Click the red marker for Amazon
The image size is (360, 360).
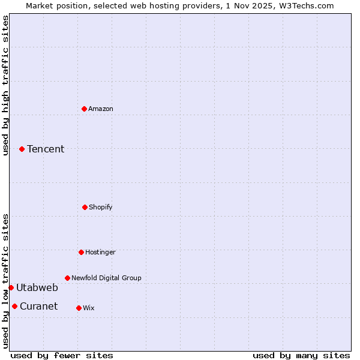tap(84, 109)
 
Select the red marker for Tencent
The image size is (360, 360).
tap(22, 149)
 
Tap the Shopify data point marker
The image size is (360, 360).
tap(85, 207)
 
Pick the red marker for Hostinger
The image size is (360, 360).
tap(81, 252)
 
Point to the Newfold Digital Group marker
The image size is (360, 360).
tap(67, 278)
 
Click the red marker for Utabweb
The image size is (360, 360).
tap(11, 287)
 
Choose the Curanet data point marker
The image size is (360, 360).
tap(14, 306)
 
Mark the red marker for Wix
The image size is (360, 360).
tap(79, 308)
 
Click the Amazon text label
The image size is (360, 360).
tap(101, 109)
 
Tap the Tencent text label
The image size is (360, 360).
tap(46, 149)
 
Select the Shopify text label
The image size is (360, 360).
tap(101, 207)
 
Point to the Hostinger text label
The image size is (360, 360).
tap(100, 252)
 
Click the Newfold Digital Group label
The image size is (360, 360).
tap(106, 278)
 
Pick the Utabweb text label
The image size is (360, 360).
tap(37, 287)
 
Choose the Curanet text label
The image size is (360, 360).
tap(38, 306)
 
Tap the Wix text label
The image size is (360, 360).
tap(89, 308)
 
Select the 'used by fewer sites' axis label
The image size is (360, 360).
tap(62, 355)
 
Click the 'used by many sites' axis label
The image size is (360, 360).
tap(301, 355)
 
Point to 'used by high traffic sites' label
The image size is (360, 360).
tap(5, 85)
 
